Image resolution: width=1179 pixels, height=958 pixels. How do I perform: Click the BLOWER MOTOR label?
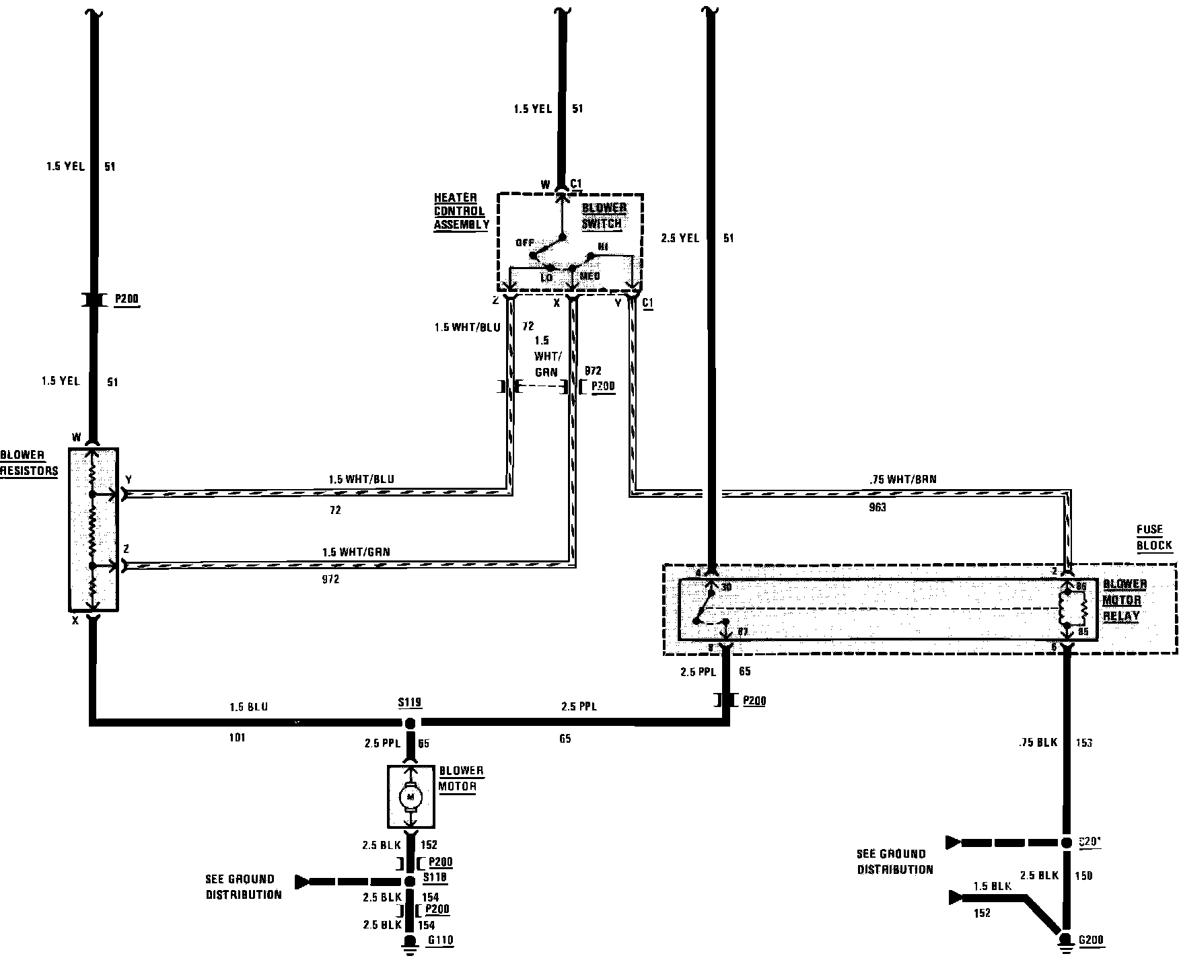coord(460,778)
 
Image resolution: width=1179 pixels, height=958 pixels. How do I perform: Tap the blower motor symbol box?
coord(410,797)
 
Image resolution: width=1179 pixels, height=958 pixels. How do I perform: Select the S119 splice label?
coord(409,703)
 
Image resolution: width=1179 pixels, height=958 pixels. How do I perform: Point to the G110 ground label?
coord(439,941)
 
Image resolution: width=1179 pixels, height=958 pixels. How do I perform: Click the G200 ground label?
coord(1091,941)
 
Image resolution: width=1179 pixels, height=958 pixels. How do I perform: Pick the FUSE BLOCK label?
coord(1154,538)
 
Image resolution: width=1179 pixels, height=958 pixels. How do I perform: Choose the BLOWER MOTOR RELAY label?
coord(1124,600)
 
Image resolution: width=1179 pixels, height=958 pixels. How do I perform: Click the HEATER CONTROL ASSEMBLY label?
coord(460,211)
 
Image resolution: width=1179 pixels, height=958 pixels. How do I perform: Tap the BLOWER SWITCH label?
coord(603,215)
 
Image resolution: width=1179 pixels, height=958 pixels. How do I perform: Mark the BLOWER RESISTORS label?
coord(28,463)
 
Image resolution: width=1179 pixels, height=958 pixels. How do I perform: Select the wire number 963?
coord(878,508)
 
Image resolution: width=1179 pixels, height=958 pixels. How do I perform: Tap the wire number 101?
coord(237,738)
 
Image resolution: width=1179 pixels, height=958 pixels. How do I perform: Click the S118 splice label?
coord(435,878)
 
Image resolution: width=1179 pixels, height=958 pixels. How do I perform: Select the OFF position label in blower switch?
coord(525,243)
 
